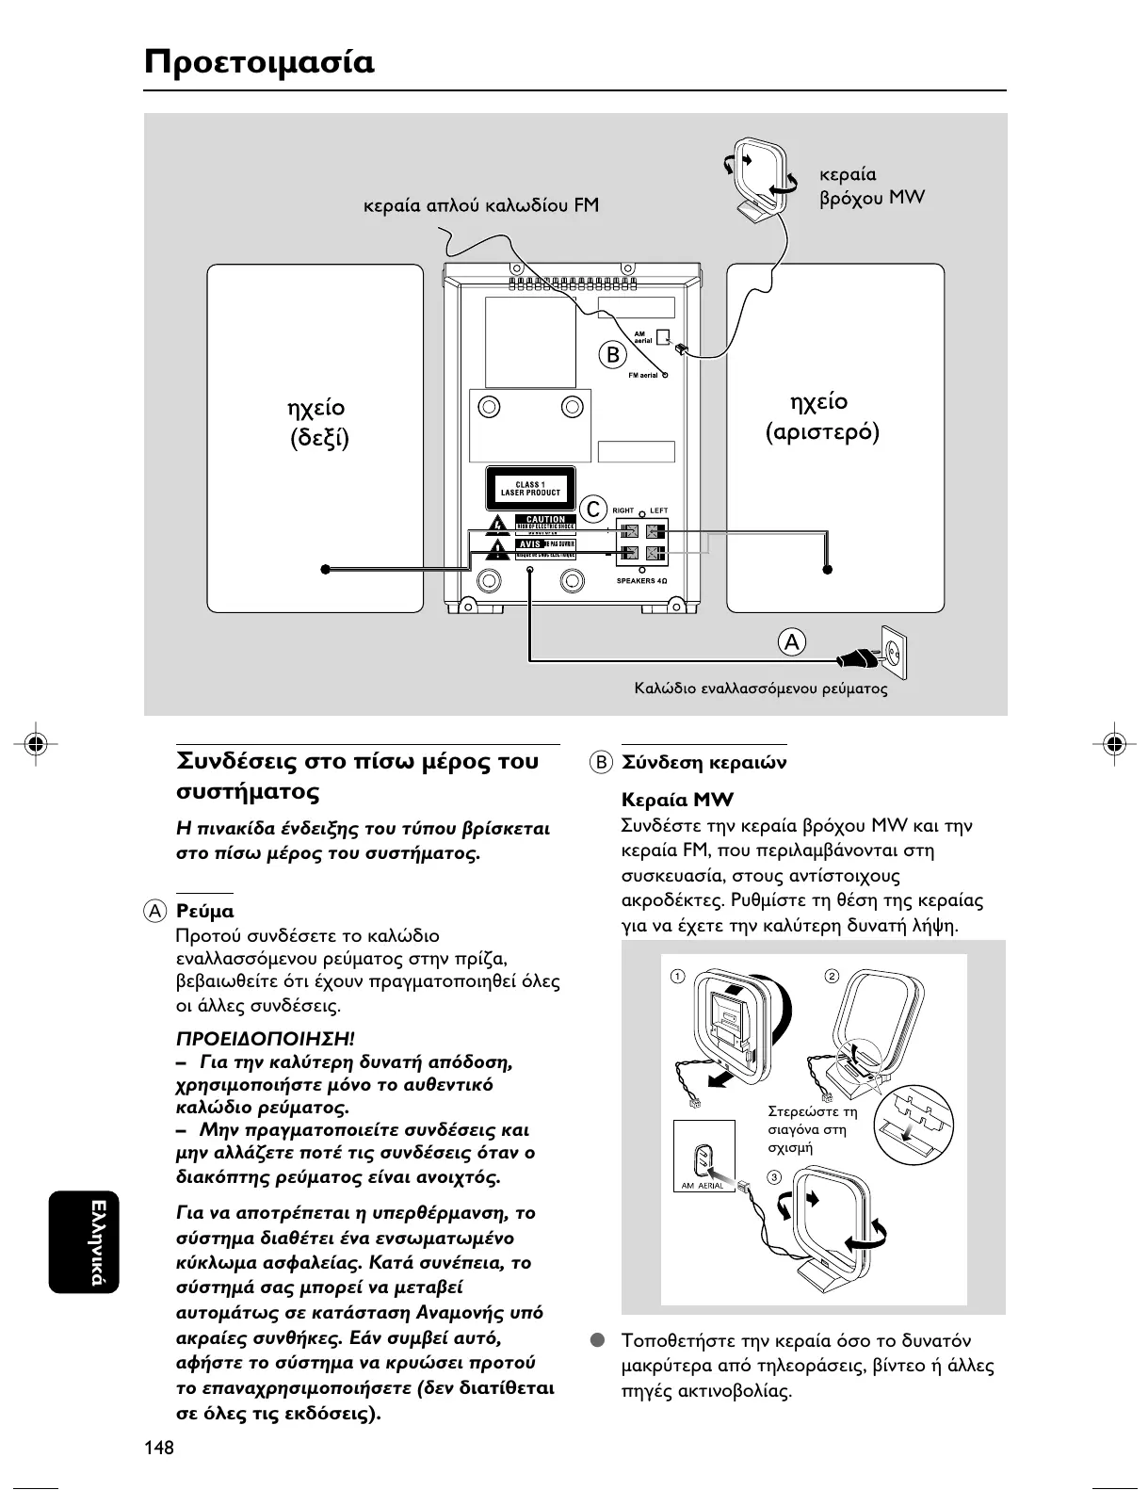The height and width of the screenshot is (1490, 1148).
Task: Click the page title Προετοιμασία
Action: pos(259,62)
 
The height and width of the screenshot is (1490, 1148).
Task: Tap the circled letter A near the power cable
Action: pos(792,642)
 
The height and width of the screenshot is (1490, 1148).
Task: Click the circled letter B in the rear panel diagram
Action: pos(613,355)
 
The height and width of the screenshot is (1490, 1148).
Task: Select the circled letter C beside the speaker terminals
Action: pos(592,510)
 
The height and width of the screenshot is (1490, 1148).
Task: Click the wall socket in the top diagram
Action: pos(893,651)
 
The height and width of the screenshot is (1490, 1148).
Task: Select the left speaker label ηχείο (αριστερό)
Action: pos(821,416)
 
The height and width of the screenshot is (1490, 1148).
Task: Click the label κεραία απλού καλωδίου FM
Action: pos(481,205)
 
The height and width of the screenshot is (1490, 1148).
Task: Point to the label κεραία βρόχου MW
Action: pos(871,186)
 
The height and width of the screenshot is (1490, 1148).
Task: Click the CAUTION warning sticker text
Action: pos(545,519)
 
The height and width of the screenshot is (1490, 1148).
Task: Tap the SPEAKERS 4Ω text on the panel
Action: pos(641,581)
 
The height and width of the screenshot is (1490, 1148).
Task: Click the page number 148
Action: pos(159,1448)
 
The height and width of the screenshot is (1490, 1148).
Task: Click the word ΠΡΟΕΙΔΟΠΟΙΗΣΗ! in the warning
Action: pos(266,1040)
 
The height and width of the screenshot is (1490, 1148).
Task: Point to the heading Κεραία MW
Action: pos(677,801)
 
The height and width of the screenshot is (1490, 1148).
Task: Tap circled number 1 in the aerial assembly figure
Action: pos(677,975)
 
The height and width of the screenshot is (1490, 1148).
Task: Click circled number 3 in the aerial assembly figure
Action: pos(774,1177)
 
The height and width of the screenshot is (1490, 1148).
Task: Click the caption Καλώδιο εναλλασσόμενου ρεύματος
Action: pos(761,688)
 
